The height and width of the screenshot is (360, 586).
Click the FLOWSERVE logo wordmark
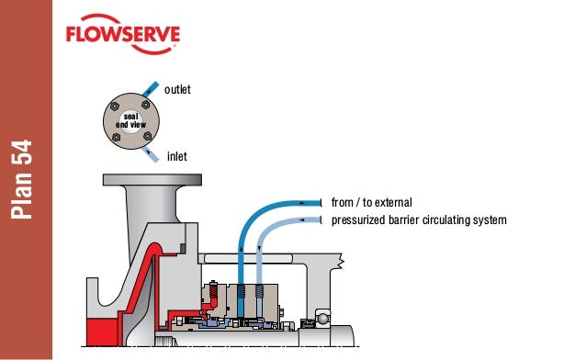click(122, 38)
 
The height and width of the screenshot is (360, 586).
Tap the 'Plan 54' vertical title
click(25, 179)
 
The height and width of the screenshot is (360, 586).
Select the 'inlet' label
click(176, 157)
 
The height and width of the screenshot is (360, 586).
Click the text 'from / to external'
click(371, 202)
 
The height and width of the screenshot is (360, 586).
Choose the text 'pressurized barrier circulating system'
click(418, 220)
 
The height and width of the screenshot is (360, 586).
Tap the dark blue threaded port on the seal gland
click(241, 298)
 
